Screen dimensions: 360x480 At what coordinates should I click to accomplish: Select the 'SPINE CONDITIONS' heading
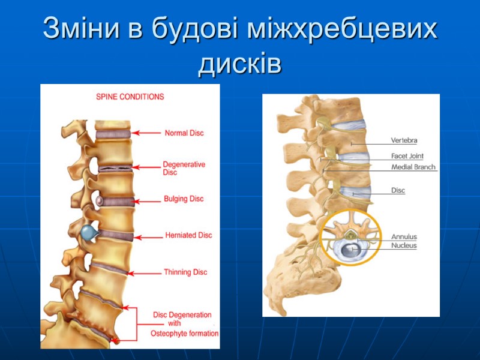[x=130, y=97]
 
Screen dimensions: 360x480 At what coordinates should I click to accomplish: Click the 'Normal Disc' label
[x=184, y=133]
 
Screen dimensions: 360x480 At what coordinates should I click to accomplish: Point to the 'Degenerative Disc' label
[x=184, y=168]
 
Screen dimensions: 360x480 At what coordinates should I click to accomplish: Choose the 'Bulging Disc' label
[x=184, y=199]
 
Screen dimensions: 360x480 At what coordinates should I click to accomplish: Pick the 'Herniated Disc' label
[x=188, y=235]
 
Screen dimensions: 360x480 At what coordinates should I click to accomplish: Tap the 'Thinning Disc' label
[x=185, y=272]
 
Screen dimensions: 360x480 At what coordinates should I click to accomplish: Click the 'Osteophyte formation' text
[x=184, y=334]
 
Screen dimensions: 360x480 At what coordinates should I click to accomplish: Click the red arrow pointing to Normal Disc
[x=147, y=133]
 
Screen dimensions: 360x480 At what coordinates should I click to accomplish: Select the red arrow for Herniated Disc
[x=149, y=236]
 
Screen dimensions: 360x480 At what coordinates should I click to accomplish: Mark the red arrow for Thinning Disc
[x=144, y=274]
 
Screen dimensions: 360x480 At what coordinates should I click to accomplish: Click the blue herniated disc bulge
[x=89, y=232]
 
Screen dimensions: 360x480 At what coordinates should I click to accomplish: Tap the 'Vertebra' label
[x=404, y=140]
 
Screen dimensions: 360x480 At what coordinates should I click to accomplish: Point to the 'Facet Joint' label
[x=407, y=157]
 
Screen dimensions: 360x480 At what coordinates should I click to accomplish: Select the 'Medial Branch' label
[x=413, y=167]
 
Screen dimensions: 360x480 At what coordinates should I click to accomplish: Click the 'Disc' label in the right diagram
[x=398, y=191]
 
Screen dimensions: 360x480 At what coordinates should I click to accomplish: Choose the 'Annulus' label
[x=404, y=236]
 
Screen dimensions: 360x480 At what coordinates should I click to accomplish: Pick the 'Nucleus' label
[x=404, y=246]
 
